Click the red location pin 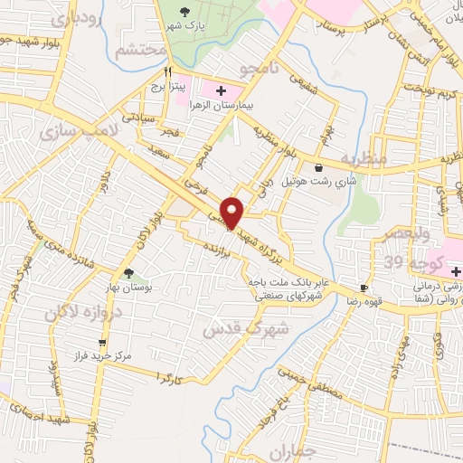coord(233,213)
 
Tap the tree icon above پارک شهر coord(185,12)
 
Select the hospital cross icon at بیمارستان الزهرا coord(218,90)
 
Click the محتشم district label coord(140,50)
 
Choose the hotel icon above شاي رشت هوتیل coord(317,167)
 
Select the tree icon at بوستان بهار coord(128,272)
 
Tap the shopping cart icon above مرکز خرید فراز coord(102,343)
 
